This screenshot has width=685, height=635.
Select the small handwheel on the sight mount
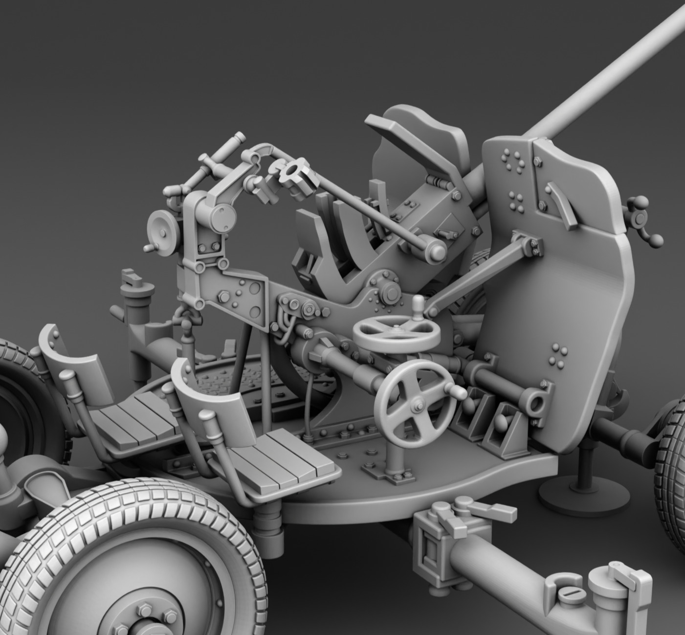tap(161, 227)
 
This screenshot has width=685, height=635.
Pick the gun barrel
tap(611, 68)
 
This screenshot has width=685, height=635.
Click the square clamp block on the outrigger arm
tap(430, 550)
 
